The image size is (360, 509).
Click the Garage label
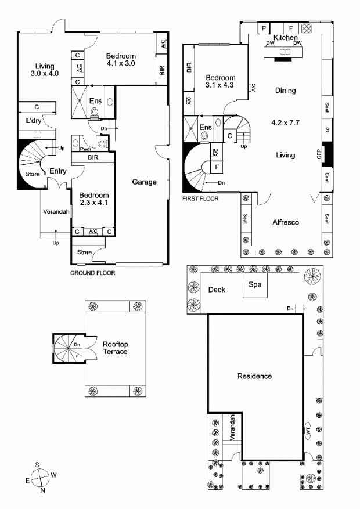click(144, 182)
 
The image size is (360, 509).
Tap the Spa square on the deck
click(255, 285)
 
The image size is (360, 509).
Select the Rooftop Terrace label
click(115, 348)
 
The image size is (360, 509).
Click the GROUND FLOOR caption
click(93, 273)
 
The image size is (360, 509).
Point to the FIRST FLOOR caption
click(200, 198)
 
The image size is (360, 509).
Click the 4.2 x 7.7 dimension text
click(285, 122)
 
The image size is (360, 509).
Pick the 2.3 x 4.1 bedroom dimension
click(94, 203)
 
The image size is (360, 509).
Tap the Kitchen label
click(285, 38)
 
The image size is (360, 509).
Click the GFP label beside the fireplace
click(319, 154)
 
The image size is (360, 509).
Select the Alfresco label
click(286, 223)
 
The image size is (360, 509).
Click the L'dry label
click(34, 121)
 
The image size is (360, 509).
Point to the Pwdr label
click(86, 149)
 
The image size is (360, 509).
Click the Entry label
click(58, 171)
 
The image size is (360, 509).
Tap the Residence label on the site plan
click(254, 376)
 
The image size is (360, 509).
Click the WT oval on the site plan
click(308, 432)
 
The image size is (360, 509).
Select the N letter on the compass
click(42, 490)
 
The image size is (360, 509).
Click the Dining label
click(285, 91)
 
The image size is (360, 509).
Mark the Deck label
click(217, 290)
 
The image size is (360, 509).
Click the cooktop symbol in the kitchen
click(307, 28)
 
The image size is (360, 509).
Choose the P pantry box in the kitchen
click(264, 28)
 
